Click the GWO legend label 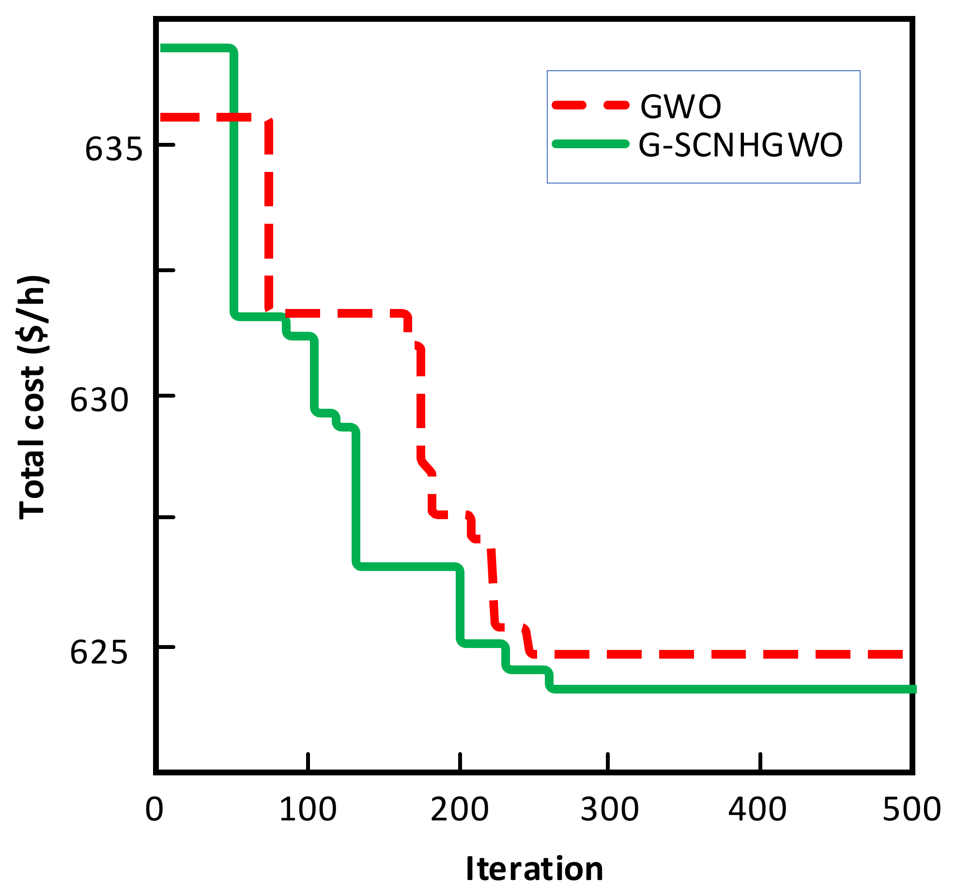pos(680,107)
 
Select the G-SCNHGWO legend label pos(741,145)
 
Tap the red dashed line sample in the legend pos(591,105)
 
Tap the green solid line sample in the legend pos(591,144)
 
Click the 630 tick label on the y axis pos(100,400)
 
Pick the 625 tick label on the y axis pos(100,652)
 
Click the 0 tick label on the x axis pos(154,809)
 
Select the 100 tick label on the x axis pos(308,809)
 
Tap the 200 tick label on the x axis pos(460,809)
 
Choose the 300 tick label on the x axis pos(610,809)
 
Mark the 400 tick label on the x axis pos(758,809)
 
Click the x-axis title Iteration pos(534,869)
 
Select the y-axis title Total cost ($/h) pos(33,397)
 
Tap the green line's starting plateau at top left pos(194,48)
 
